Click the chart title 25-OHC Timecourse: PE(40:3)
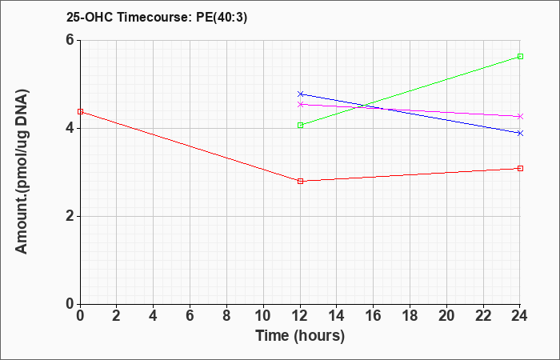click(x=157, y=18)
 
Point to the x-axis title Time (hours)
click(x=300, y=336)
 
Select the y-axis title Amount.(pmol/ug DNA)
click(x=22, y=172)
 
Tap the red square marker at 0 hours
click(x=80, y=112)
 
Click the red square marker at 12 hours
click(x=300, y=181)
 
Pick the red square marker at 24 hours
click(x=520, y=168)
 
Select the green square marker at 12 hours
click(x=300, y=125)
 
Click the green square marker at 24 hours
click(x=520, y=57)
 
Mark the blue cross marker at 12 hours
click(x=300, y=94)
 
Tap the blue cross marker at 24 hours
click(x=520, y=134)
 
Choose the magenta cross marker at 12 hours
click(x=300, y=104)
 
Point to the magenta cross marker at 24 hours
click(x=520, y=117)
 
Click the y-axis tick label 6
click(x=70, y=40)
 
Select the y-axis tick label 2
click(x=70, y=217)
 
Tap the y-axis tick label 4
click(x=70, y=128)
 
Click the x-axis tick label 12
click(x=300, y=316)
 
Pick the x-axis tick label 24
click(x=519, y=316)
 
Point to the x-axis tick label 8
click(x=226, y=316)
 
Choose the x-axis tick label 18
click(x=410, y=316)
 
